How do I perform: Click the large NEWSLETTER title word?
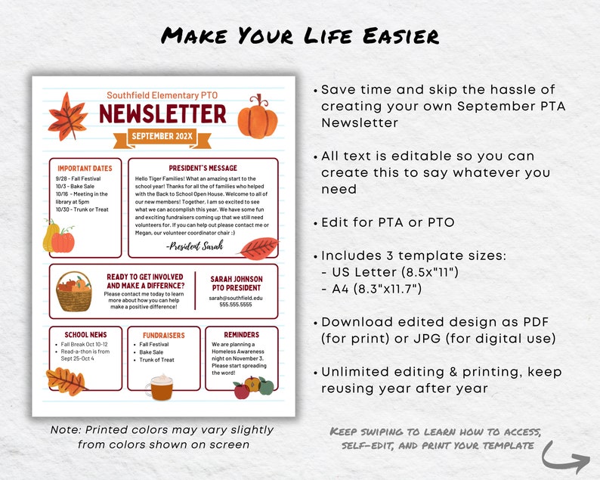[x=162, y=114]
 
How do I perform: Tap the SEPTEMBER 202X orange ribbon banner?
[x=162, y=137]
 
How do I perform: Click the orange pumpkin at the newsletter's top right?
[x=258, y=116]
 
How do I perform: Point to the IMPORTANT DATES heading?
[x=85, y=168]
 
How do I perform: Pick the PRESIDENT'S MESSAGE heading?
[x=203, y=168]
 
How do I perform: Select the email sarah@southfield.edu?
[x=237, y=299]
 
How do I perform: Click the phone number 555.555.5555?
[x=237, y=306]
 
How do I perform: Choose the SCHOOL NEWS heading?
[x=85, y=334]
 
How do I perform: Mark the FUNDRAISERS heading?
[x=163, y=335]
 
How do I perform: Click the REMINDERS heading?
[x=241, y=334]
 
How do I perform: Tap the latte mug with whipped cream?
[x=159, y=386]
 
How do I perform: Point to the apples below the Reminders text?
[x=252, y=388]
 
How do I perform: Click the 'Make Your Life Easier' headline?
[x=300, y=36]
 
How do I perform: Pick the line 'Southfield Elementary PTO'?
[x=162, y=95]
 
